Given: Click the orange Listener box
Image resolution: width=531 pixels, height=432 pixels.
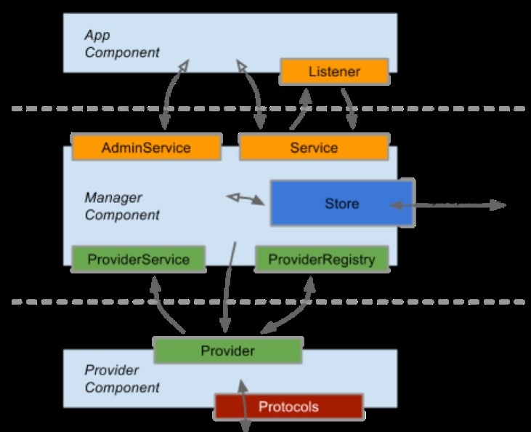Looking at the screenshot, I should (x=334, y=72).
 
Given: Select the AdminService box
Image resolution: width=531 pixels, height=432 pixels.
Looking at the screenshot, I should (x=146, y=148).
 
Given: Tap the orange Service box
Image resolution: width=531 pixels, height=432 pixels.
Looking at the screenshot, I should (x=314, y=148).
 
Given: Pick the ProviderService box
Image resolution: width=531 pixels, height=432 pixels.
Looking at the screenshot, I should (x=138, y=260).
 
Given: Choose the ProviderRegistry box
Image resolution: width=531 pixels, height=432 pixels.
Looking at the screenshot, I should (x=322, y=260).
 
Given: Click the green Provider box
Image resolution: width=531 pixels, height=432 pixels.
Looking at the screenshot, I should (x=227, y=351).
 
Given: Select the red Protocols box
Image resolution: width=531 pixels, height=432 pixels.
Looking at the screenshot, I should (x=288, y=407).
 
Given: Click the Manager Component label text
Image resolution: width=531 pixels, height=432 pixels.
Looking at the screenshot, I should (x=121, y=206).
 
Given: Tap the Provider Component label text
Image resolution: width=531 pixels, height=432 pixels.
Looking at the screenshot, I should (x=121, y=378).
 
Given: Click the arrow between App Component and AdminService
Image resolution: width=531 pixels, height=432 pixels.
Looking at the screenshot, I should (x=170, y=95).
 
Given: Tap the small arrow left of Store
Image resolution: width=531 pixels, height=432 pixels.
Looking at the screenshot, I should (x=245, y=198).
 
